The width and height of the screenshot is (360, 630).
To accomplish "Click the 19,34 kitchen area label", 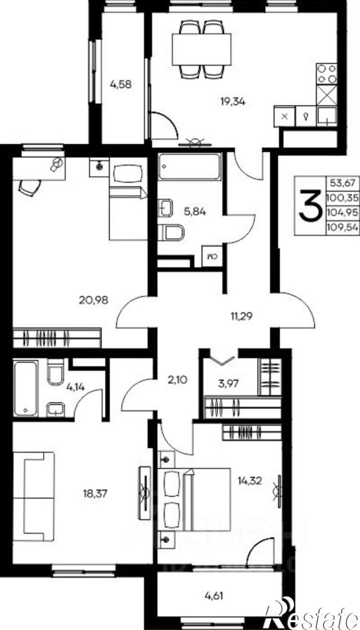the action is [x=232, y=102].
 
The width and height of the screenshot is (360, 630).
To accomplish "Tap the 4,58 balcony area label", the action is [x=121, y=84].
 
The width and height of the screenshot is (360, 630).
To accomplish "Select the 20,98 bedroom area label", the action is [x=94, y=300].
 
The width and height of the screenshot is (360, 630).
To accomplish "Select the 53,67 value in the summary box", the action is [x=343, y=183].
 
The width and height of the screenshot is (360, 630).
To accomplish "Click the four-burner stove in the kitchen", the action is [x=327, y=74].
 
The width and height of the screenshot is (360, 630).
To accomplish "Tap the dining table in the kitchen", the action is [x=202, y=50].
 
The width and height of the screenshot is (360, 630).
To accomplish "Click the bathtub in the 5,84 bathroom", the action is [x=190, y=166].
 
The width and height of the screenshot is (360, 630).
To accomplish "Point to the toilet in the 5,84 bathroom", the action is [x=171, y=232].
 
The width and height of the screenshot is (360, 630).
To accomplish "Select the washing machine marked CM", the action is [x=213, y=256].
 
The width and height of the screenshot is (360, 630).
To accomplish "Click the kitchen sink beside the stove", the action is [x=327, y=116].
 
